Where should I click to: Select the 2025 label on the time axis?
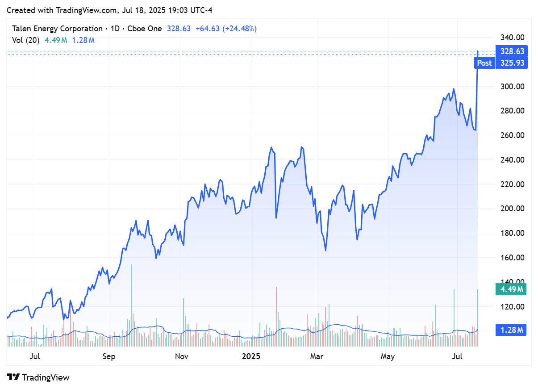pyautogui.click(x=250, y=356)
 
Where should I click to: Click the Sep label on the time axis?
pyautogui.click(x=109, y=356)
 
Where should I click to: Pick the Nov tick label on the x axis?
pyautogui.click(x=181, y=356)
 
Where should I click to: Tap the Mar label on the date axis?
pyautogui.click(x=317, y=356)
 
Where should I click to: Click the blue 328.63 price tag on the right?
pyautogui.click(x=512, y=51)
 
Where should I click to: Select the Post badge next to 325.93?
pyautogui.click(x=484, y=63)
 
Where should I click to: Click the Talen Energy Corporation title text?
pyautogui.click(x=57, y=29)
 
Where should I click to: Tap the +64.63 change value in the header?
pyautogui.click(x=208, y=29)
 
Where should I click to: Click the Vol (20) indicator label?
pyautogui.click(x=26, y=40)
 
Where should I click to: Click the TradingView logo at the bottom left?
pyautogui.click(x=38, y=377)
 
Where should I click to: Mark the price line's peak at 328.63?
pyautogui.click(x=478, y=51)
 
